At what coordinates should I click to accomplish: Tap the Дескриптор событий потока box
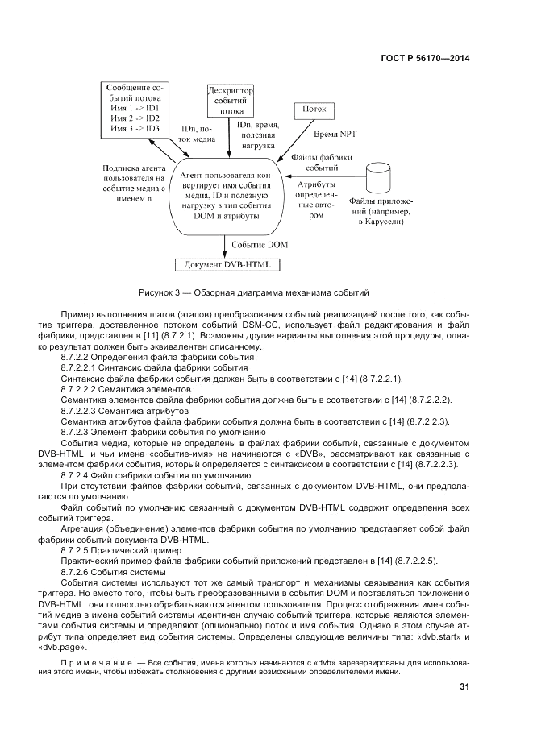[229, 101]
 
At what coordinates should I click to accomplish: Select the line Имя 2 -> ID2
[135, 118]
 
